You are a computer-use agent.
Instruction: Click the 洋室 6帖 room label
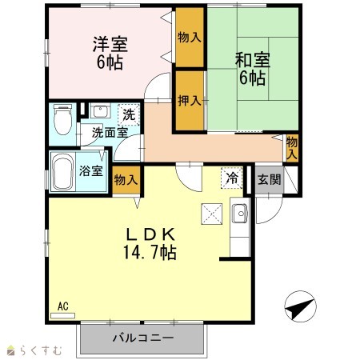(110, 53)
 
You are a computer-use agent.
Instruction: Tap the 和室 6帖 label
(253, 69)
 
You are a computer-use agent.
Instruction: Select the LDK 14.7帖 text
(150, 243)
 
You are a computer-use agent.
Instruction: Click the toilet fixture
(62, 119)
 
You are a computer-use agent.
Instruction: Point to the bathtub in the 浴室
(63, 171)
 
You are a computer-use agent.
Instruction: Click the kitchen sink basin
(240, 213)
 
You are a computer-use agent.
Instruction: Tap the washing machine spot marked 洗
(129, 114)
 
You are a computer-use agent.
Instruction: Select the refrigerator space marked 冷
(232, 178)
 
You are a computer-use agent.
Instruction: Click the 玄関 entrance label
(269, 179)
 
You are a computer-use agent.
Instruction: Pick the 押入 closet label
(190, 101)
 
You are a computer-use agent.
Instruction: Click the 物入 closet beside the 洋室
(190, 37)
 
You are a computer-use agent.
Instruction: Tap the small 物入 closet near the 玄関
(292, 148)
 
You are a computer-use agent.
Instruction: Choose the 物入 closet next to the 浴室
(126, 180)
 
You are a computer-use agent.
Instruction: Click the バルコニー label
(143, 338)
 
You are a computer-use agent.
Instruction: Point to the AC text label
(63, 306)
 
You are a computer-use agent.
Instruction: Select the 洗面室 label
(110, 133)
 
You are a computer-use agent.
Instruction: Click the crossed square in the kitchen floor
(212, 214)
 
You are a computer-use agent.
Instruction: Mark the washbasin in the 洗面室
(100, 110)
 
